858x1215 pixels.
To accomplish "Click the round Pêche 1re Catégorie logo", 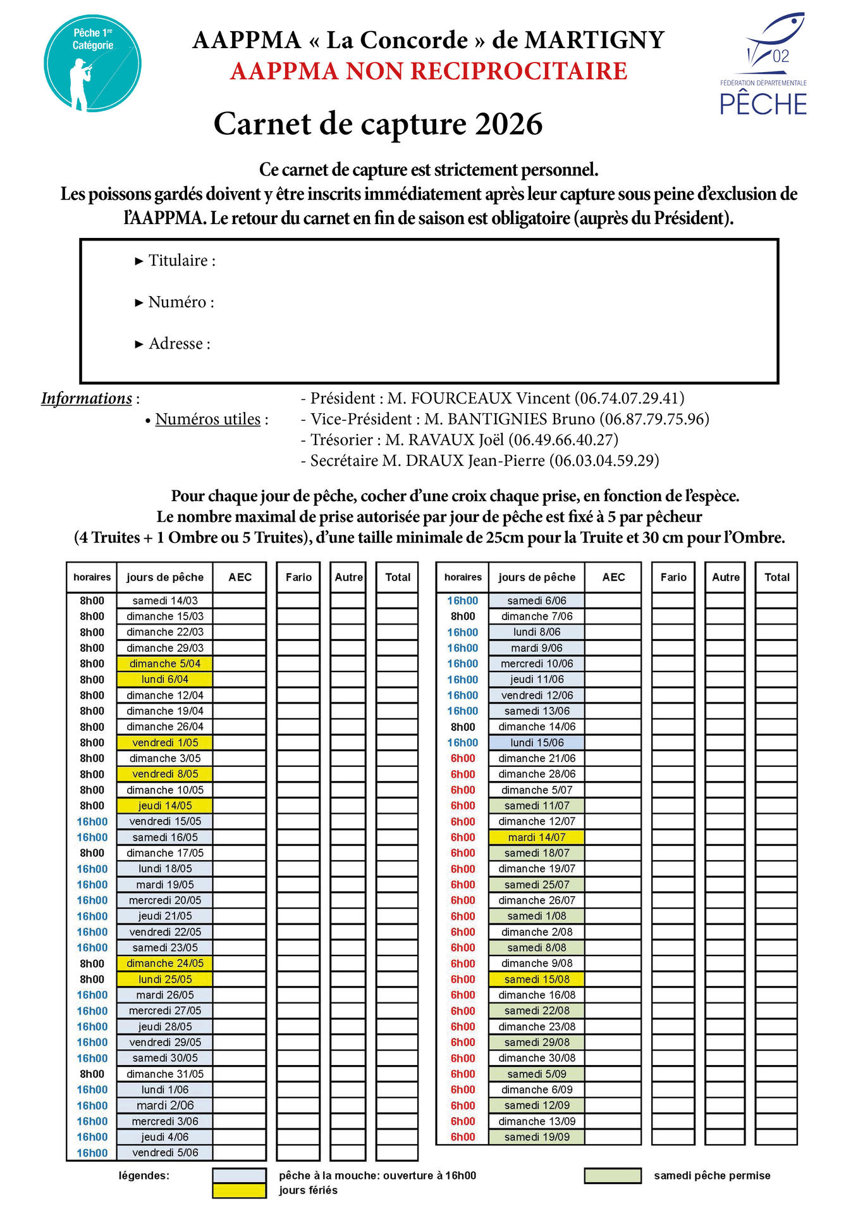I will coord(92,64).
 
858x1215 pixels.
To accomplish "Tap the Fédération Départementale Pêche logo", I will coord(763,65).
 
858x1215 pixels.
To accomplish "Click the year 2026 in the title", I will coord(508,124).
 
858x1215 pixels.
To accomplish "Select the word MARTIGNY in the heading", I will coord(594,40).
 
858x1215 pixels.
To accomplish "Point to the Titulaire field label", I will coord(181,261).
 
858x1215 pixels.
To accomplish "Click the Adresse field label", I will coord(179,344).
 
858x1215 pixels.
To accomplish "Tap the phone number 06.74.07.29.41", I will coord(629,398).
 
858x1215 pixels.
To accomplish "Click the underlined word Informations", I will coord(87,399).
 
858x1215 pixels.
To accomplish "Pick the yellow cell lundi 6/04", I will coord(165,680).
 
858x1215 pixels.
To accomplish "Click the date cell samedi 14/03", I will coord(165,601).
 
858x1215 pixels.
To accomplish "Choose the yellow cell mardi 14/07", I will coord(537,837).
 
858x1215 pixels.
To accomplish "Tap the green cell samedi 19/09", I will coord(537,1137).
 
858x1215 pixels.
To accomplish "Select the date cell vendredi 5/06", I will coord(165,1153).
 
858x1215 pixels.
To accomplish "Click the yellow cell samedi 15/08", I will coord(537,979).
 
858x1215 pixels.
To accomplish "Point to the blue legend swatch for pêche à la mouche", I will coord(240,1176).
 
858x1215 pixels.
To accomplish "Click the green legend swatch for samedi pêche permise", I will coord(613,1176).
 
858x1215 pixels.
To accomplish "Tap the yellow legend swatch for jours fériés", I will coord(240,1190).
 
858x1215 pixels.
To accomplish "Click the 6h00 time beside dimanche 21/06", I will coord(463,758).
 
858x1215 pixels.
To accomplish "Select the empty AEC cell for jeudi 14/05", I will coord(240,806).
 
